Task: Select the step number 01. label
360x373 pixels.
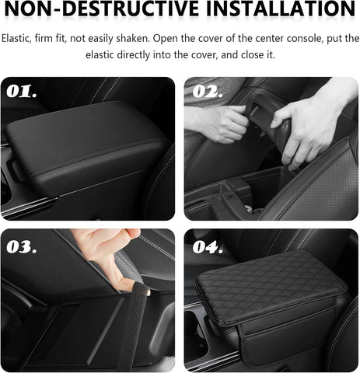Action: pyautogui.click(x=23, y=92)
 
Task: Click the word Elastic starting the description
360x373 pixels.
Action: pyautogui.click(x=17, y=39)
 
